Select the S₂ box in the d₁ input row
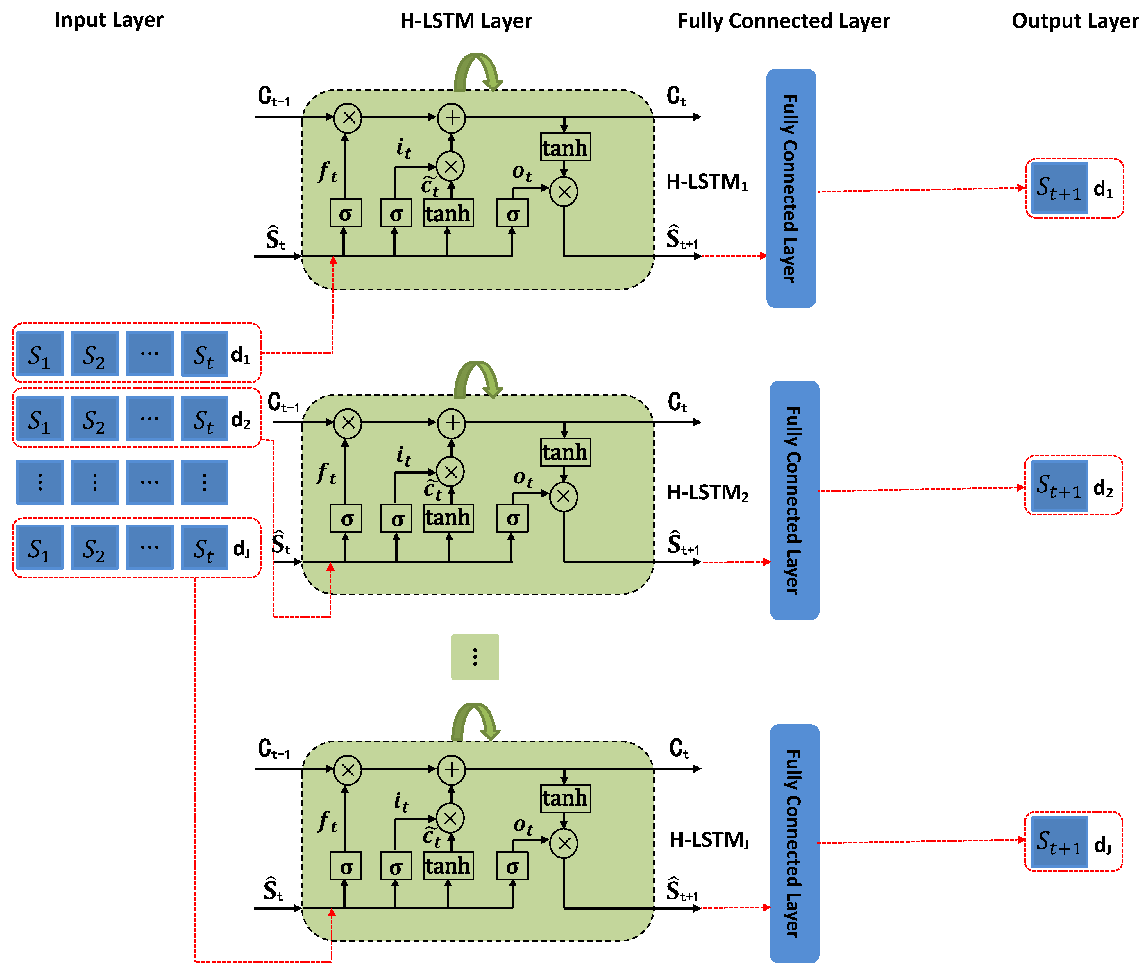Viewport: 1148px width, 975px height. [x=94, y=354]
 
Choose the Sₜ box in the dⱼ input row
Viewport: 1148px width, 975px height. [x=204, y=547]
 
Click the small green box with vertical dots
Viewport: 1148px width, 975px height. [x=475, y=657]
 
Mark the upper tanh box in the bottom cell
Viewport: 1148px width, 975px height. [x=565, y=798]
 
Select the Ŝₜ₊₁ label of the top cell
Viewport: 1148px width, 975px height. [x=681, y=238]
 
